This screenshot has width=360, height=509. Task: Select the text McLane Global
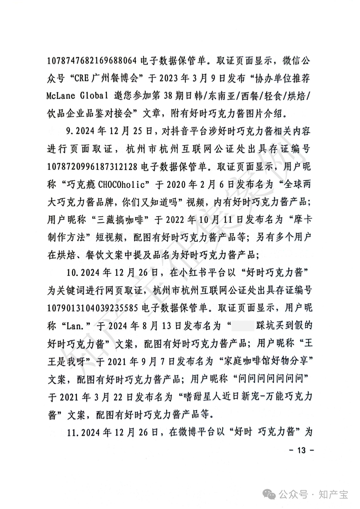75,96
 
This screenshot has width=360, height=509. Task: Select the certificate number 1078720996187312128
92,167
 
